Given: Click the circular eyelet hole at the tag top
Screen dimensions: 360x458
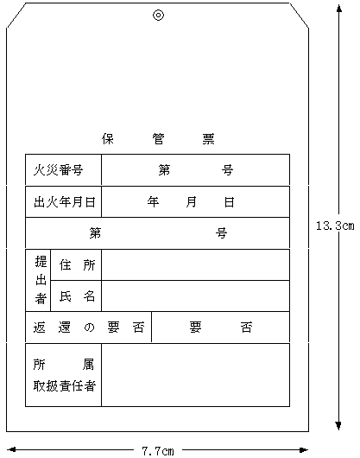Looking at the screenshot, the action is (x=158, y=16).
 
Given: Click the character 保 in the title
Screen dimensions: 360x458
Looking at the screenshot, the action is (x=108, y=139).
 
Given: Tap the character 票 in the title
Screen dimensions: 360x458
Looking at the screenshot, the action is (x=209, y=139).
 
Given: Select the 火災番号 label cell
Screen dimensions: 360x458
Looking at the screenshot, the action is (x=63, y=170).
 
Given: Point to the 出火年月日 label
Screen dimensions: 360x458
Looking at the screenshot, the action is (x=65, y=202).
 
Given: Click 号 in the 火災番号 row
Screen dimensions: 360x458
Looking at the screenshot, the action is (x=227, y=170).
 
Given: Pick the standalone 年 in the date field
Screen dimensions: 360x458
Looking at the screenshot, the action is (x=153, y=202).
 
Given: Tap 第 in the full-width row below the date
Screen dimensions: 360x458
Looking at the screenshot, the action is (x=95, y=233).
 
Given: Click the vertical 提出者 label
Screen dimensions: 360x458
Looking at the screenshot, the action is (x=41, y=280).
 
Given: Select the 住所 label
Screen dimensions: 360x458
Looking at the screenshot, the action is (x=77, y=265).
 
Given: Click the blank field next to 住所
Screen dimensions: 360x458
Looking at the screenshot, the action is (x=195, y=265).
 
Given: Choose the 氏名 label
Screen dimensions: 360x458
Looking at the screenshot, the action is (x=77, y=296).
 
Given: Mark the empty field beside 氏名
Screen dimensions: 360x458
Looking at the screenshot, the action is (x=195, y=296).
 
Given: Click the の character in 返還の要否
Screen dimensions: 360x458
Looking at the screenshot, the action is (x=89, y=328).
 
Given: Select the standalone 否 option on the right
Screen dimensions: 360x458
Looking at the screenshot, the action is (x=246, y=328).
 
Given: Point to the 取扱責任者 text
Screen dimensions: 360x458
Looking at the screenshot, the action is (x=65, y=386).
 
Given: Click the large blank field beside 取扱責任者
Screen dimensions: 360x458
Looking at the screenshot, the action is (x=195, y=375).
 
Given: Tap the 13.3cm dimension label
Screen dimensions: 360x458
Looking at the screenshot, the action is (x=335, y=226).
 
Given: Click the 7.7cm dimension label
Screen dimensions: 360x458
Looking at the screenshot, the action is (x=158, y=451).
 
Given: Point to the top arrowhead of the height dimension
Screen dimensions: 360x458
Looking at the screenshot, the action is (x=338, y=9).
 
